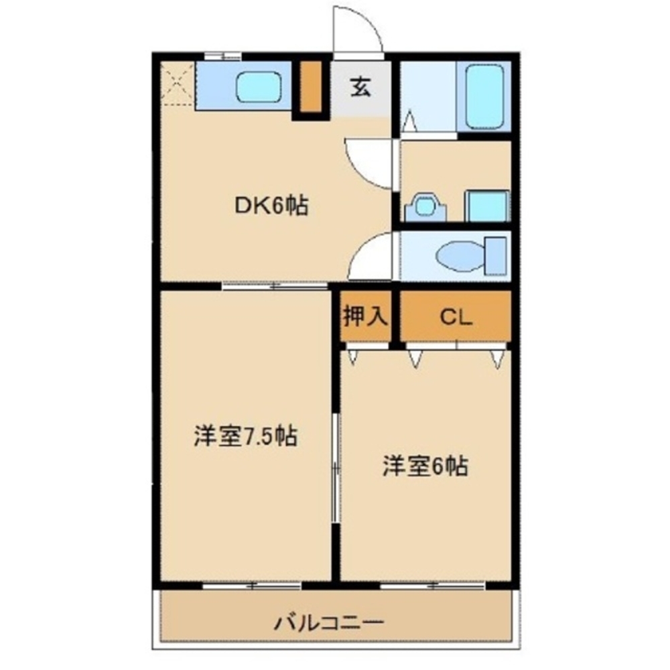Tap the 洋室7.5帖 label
pos(245,437)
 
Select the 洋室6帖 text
pos(425,465)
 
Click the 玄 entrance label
pos(360,88)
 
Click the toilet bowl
pos(458,255)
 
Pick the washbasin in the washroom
pos(424,204)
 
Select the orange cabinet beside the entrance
pos(310,87)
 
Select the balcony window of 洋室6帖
pos(433,586)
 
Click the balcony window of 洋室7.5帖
pos(251,586)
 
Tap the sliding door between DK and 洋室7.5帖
pos(275,286)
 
